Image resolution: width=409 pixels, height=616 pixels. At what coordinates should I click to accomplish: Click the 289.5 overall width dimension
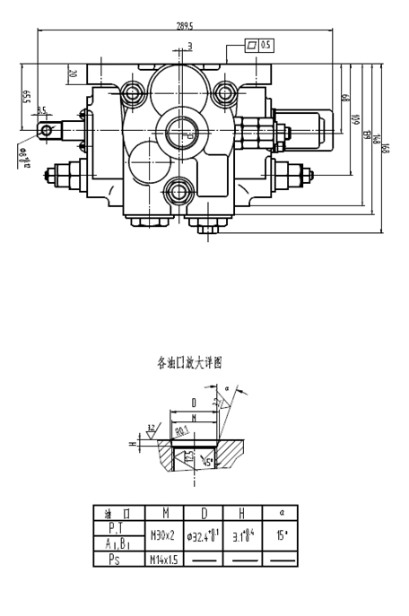tap(186, 25)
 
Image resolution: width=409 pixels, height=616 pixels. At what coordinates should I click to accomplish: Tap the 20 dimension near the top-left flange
tap(73, 74)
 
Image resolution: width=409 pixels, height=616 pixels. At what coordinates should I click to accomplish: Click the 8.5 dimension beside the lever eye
tap(41, 111)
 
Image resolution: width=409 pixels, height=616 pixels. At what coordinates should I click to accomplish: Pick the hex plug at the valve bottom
tap(204, 229)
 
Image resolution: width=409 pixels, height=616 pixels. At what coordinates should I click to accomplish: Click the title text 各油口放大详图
tap(188, 363)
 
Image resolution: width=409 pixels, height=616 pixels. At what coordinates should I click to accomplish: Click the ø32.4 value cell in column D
tap(204, 535)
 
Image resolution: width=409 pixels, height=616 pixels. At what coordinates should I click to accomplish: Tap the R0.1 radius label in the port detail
tap(182, 430)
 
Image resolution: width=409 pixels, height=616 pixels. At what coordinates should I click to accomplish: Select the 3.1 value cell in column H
tap(243, 535)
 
